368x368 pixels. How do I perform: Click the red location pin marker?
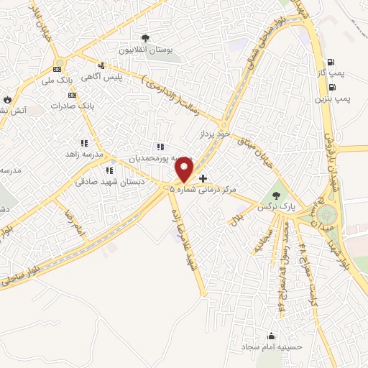pyautogui.click(x=185, y=169)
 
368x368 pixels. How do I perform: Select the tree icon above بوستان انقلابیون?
pyautogui.click(x=146, y=37)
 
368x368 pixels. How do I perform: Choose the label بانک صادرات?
pyautogui.click(x=73, y=106)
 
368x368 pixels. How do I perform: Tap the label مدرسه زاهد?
pyautogui.click(x=85, y=155)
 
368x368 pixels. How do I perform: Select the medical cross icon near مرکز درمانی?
pyautogui.click(x=203, y=178)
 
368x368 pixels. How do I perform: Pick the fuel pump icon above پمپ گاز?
pyautogui.click(x=331, y=62)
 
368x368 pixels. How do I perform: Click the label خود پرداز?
pyautogui.click(x=215, y=134)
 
